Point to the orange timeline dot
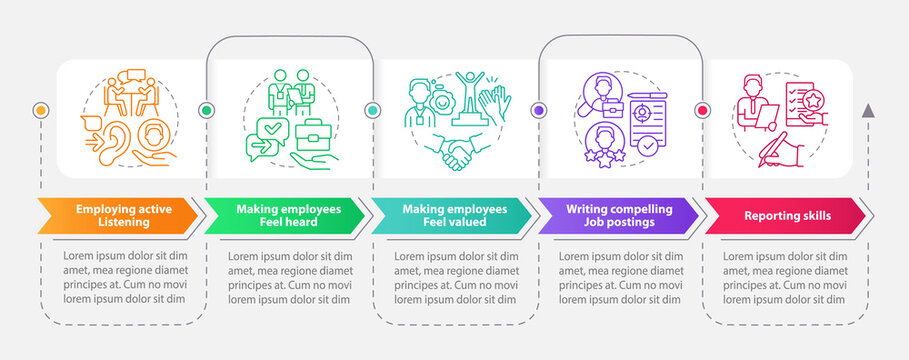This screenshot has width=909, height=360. pyautogui.click(x=41, y=109)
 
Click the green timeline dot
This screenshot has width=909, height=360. pyautogui.click(x=207, y=109)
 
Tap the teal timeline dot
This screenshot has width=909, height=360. pyautogui.click(x=373, y=109)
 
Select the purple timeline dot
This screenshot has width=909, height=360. pyautogui.click(x=539, y=109)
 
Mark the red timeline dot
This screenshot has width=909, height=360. pyautogui.click(x=702, y=109)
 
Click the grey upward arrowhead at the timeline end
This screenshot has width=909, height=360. pyautogui.click(x=868, y=109)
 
